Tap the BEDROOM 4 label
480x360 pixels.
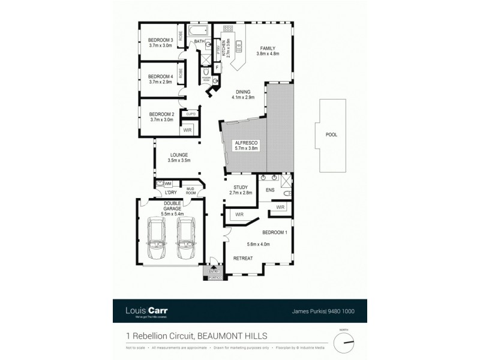161,76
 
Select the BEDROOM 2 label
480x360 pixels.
161,114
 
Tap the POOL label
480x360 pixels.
331,135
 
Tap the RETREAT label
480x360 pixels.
244,258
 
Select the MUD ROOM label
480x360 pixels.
191,191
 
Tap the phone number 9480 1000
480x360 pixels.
344,311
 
